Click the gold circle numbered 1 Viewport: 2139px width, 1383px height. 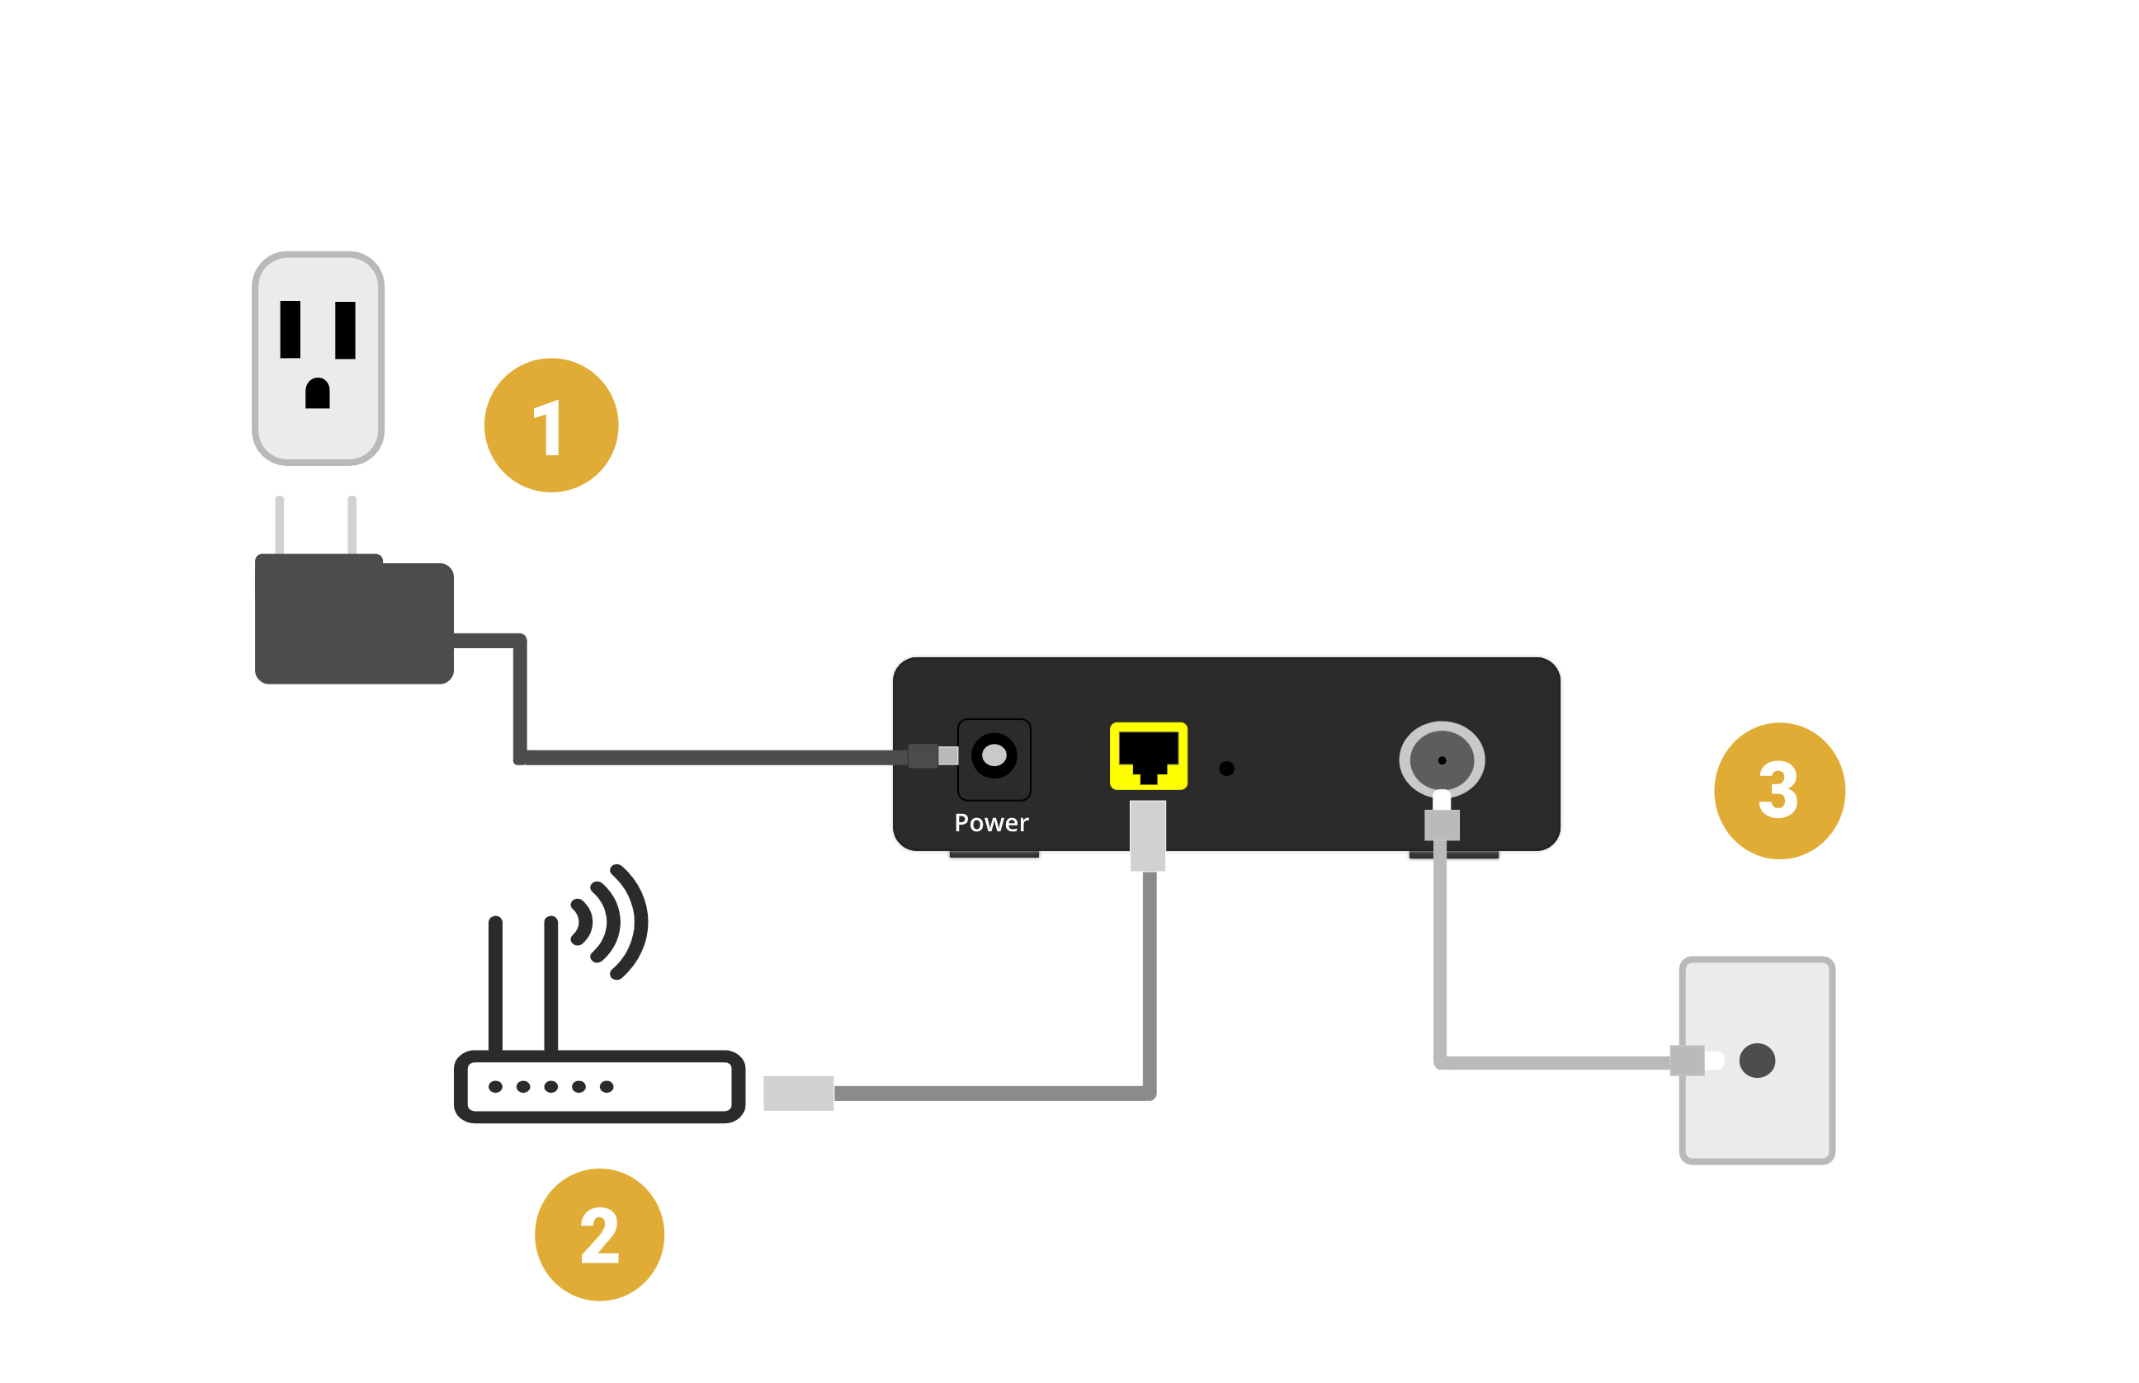(x=550, y=425)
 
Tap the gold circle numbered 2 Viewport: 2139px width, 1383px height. (x=599, y=1234)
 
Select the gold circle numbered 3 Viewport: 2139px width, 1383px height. (x=1778, y=790)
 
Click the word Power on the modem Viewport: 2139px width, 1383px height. (x=991, y=822)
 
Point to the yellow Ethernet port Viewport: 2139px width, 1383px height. (x=1148, y=755)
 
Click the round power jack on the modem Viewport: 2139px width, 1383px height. (x=994, y=755)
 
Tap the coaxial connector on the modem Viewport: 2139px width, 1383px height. (x=1441, y=760)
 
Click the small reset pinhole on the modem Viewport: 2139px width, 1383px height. (x=1226, y=768)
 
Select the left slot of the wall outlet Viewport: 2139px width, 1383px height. (x=290, y=330)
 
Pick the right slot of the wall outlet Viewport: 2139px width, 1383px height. (x=345, y=330)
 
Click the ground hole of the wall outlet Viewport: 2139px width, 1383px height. (x=317, y=393)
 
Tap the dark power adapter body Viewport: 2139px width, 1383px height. (x=353, y=619)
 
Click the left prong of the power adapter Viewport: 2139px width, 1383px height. (x=280, y=525)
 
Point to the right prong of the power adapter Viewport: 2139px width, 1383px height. (x=352, y=525)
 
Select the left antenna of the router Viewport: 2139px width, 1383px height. (x=495, y=983)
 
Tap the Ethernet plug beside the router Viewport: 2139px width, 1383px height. (x=798, y=1093)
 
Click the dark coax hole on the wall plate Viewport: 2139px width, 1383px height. (x=1757, y=1060)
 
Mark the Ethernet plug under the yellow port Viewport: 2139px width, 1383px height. (x=1147, y=835)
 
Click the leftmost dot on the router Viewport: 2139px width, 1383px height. (x=495, y=1087)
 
